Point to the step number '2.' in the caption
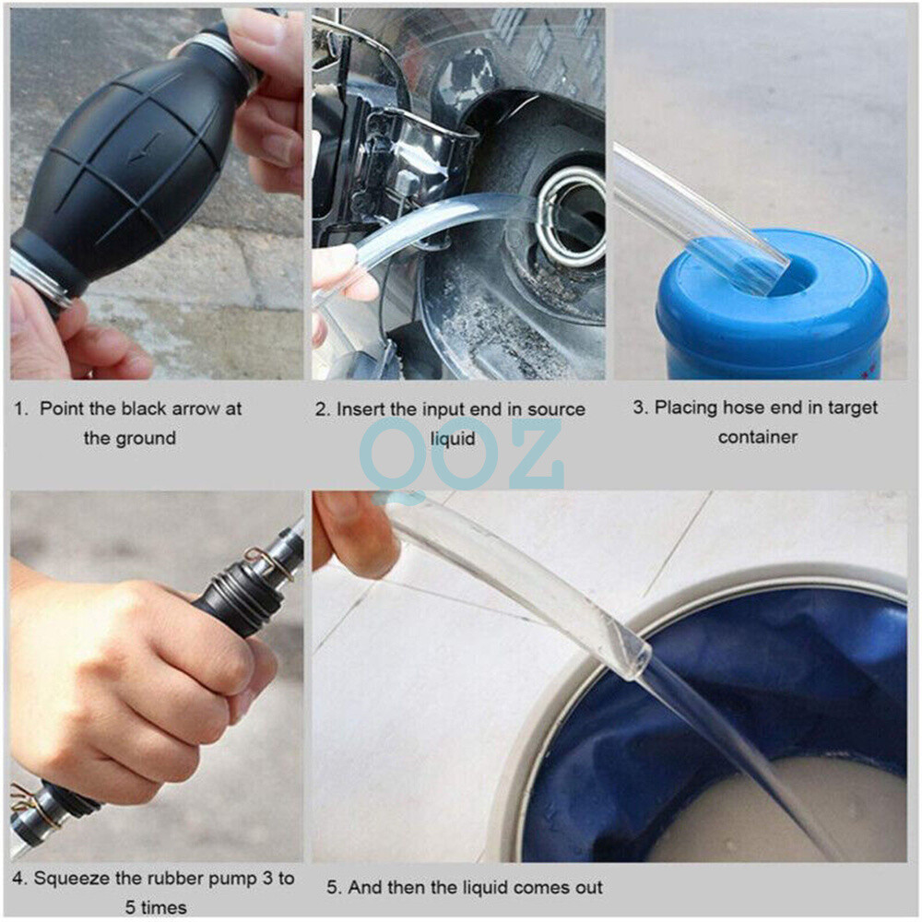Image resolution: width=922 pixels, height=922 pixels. point(322,409)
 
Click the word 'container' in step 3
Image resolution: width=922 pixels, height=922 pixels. point(757,437)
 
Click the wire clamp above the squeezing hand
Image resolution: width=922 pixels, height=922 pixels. point(266,559)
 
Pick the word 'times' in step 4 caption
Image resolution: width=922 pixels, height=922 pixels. point(162,907)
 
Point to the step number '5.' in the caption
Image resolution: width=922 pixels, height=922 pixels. point(334,888)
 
